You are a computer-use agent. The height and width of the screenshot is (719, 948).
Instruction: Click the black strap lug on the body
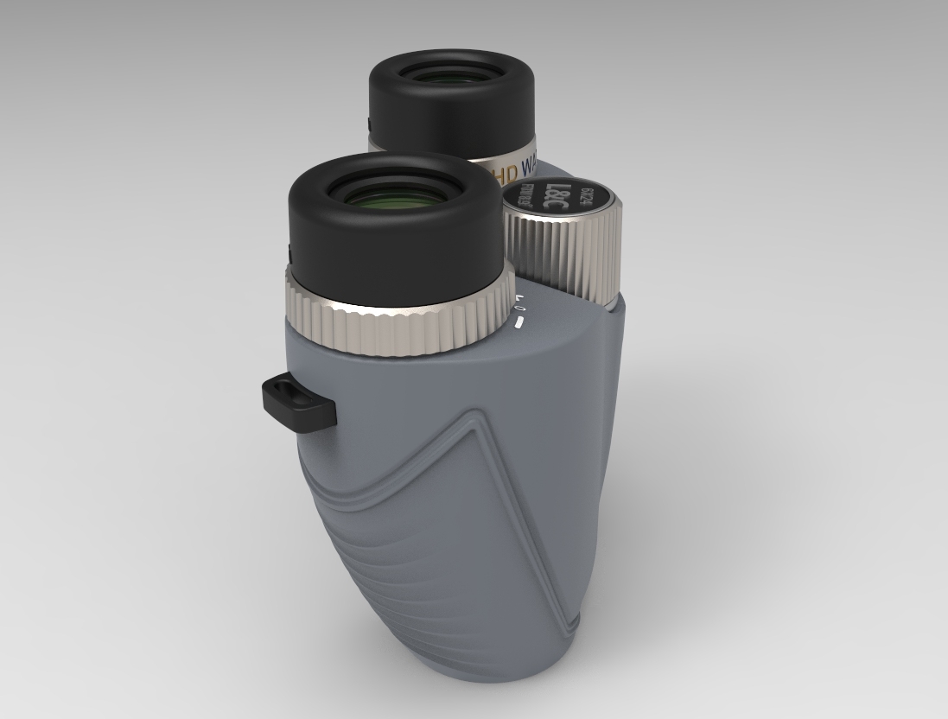click(298, 402)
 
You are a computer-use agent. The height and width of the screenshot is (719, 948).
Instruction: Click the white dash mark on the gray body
click(519, 324)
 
